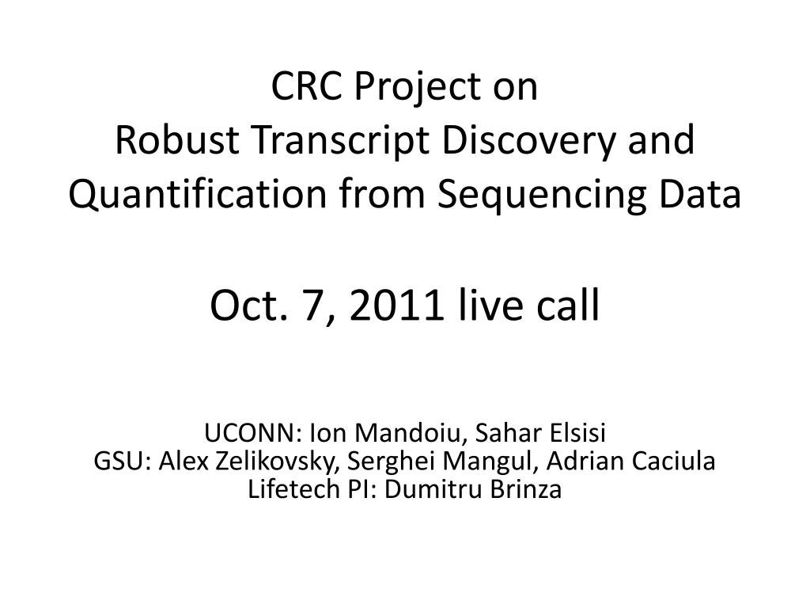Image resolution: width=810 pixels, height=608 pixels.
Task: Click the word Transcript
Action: [x=340, y=142]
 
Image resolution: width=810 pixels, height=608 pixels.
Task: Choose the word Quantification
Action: [x=198, y=195]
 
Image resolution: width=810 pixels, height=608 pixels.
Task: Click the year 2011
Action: [x=396, y=305]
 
